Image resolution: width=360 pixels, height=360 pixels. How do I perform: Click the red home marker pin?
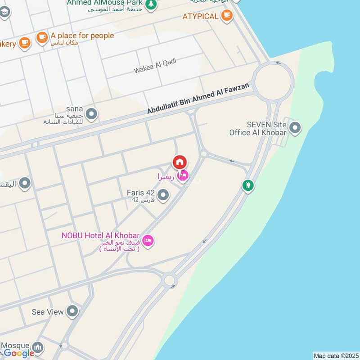click(x=180, y=162)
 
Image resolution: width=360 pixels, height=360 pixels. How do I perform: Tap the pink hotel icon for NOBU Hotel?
click(x=148, y=242)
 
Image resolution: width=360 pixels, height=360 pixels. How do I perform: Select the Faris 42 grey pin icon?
click(x=163, y=195)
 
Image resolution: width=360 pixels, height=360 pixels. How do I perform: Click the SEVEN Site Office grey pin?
click(x=295, y=128)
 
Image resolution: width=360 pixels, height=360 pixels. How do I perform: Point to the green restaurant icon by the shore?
click(x=247, y=185)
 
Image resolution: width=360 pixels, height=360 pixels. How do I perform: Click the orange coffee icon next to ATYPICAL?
click(x=226, y=16)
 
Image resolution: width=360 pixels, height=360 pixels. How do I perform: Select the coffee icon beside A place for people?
click(x=42, y=37)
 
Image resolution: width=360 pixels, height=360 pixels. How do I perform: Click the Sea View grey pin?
click(x=72, y=311)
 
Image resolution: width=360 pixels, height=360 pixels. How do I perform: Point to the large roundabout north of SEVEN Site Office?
click(x=273, y=81)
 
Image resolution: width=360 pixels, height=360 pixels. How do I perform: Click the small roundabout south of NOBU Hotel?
click(x=169, y=280)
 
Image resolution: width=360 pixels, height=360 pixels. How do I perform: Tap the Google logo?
click(x=19, y=353)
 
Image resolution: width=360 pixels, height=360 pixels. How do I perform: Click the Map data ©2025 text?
click(x=335, y=355)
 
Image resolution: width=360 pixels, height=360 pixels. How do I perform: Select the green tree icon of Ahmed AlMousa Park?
click(x=152, y=4)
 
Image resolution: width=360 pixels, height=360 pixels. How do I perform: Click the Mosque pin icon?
click(x=38, y=347)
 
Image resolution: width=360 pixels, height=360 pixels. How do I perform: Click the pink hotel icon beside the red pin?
click(x=183, y=176)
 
